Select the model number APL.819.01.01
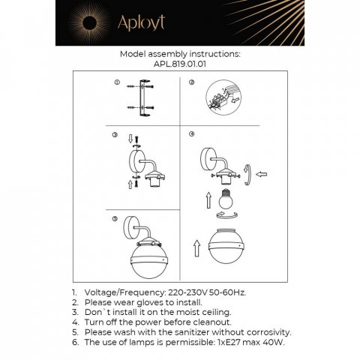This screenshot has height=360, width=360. (180, 64)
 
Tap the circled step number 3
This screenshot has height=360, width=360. (115, 136)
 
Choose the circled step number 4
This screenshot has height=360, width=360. (192, 134)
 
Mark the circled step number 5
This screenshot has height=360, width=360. (115, 219)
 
